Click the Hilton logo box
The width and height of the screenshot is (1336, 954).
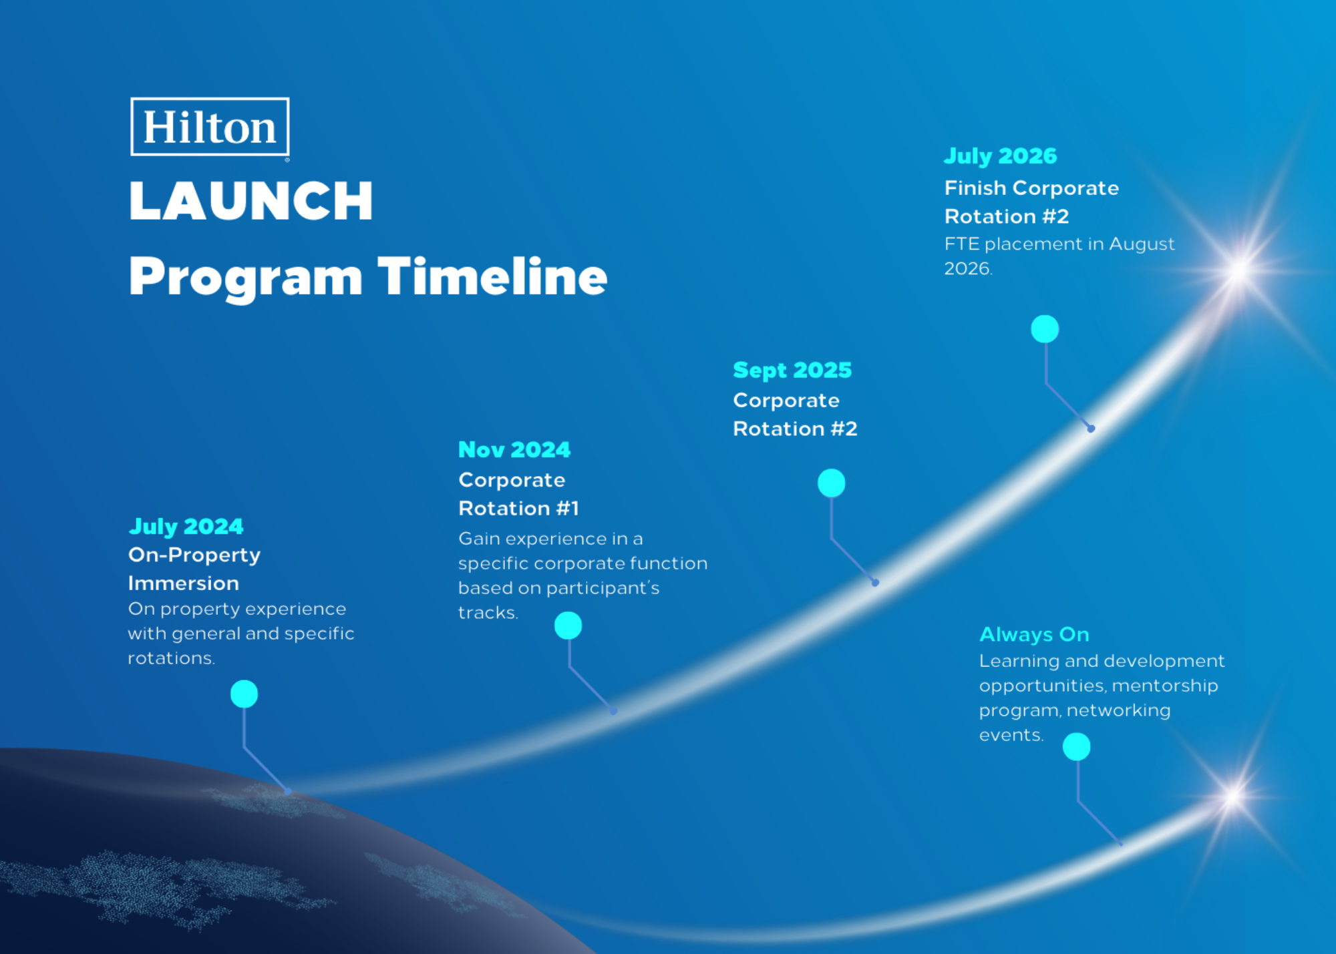click(210, 127)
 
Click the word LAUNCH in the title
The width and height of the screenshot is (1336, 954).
click(251, 201)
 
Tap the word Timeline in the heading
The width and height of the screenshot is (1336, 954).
click(492, 276)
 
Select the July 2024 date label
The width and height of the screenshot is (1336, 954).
click(186, 527)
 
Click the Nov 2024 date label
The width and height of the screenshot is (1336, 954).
click(514, 449)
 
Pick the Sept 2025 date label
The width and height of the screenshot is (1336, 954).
click(792, 371)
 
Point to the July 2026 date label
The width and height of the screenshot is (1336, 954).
click(1000, 156)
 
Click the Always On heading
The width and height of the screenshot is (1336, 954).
click(1034, 634)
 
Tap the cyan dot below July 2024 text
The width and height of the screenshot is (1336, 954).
click(244, 694)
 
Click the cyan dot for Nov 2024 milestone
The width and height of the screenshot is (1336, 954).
click(568, 626)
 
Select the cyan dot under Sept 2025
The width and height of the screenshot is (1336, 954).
click(831, 483)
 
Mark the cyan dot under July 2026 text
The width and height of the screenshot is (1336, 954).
click(1045, 329)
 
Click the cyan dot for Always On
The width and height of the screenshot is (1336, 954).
click(1076, 746)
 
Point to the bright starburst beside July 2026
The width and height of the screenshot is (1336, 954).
click(1240, 270)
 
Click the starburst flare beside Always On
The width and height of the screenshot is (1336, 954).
click(1233, 796)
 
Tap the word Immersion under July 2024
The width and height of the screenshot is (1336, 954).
click(184, 583)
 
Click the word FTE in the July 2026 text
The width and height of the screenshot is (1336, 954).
click(962, 244)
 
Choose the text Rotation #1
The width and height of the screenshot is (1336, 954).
click(518, 509)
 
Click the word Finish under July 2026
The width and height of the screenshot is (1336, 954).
click(975, 188)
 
